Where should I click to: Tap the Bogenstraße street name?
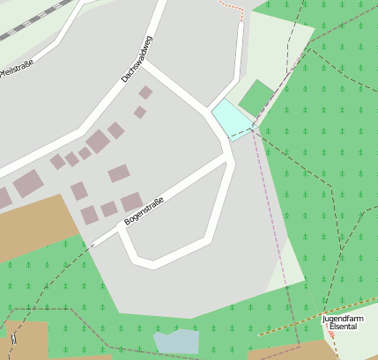click(144, 210)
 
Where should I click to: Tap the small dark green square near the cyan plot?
click(256, 98)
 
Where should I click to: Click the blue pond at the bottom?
click(176, 342)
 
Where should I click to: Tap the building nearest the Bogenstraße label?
click(130, 202)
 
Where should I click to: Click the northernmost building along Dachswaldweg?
click(145, 92)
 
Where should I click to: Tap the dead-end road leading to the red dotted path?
click(240, 53)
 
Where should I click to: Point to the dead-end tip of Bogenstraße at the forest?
click(95, 242)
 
